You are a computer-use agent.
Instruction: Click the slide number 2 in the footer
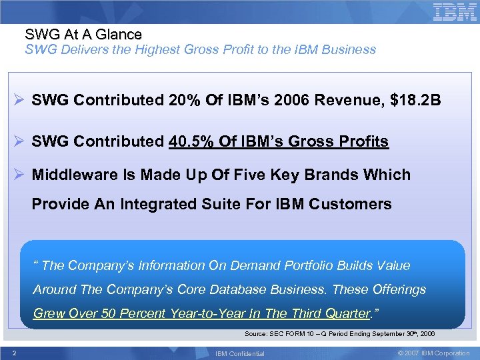pos(14,353)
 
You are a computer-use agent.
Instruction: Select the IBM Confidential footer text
pos(241,353)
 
